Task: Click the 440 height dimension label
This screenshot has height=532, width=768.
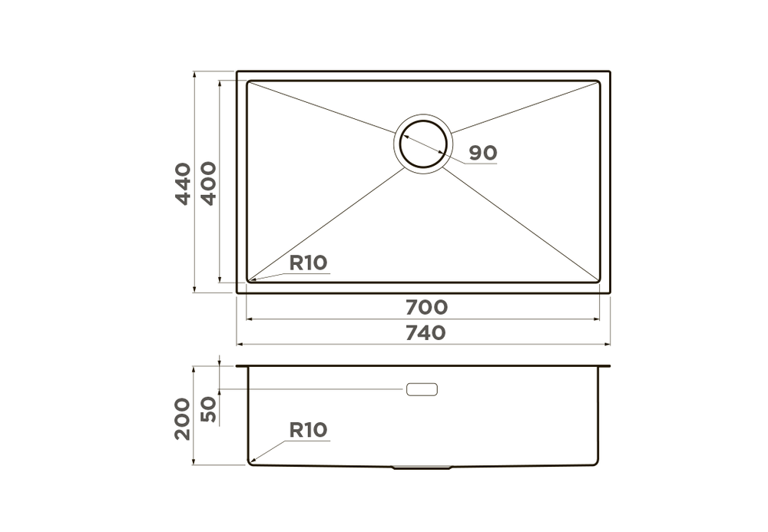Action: click(x=184, y=184)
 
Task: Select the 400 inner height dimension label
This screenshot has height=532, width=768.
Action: click(x=209, y=183)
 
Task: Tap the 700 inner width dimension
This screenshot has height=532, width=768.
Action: click(x=426, y=307)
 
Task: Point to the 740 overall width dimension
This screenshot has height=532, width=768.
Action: click(x=426, y=333)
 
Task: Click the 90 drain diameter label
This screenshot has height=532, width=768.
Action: click(x=483, y=153)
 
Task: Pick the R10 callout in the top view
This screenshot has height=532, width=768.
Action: click(x=308, y=263)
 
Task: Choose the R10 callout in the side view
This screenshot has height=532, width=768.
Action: click(x=308, y=430)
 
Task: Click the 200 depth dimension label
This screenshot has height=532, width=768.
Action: click(x=183, y=419)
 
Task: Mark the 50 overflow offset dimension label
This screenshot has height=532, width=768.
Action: click(x=208, y=410)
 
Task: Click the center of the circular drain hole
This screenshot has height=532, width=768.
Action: click(x=423, y=144)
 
